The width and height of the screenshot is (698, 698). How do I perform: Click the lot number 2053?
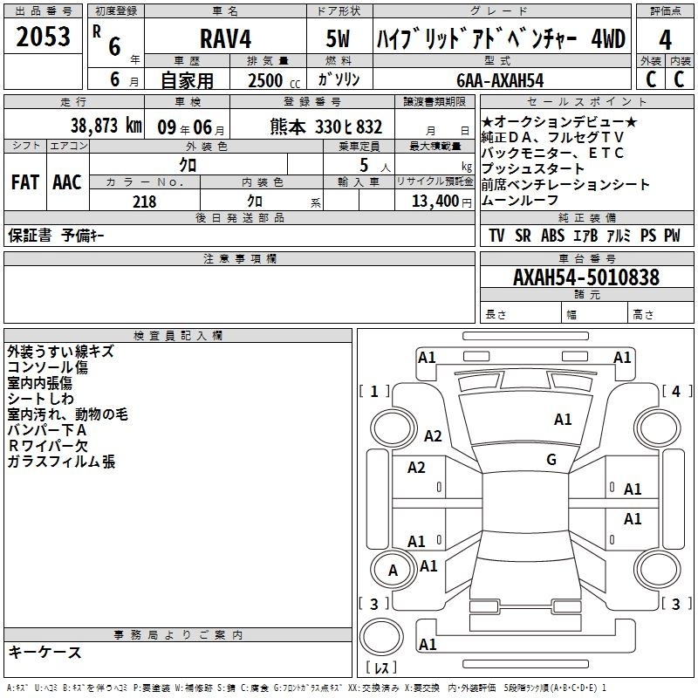[43, 37]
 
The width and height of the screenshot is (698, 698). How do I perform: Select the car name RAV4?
[226, 38]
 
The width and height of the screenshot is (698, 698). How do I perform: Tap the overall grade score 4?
[665, 40]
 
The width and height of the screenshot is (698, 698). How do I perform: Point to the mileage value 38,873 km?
[106, 126]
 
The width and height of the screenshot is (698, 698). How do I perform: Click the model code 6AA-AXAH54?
[500, 80]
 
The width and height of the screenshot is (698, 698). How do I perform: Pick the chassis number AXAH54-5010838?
[585, 277]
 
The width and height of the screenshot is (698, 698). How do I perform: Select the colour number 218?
[144, 202]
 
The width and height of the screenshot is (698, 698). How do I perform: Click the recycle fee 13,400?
[435, 202]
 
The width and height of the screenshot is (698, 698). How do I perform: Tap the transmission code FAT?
[25, 182]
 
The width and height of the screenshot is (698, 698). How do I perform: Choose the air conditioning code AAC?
[67, 182]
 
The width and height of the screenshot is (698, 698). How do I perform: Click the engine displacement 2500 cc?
[274, 81]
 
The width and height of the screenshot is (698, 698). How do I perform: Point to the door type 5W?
[338, 38]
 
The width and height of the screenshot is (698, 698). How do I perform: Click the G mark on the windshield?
[551, 460]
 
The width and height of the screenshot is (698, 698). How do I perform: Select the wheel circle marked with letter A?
[393, 571]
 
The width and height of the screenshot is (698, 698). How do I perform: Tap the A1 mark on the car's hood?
[563, 420]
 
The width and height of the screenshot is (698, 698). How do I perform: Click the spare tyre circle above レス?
[381, 637]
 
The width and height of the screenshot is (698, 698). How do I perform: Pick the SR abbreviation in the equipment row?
[523, 236]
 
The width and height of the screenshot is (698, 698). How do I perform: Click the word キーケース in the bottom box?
[44, 652]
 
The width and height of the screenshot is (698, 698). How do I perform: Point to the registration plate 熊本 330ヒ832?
[325, 127]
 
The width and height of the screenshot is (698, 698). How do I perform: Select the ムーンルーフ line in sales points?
[519, 201]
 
